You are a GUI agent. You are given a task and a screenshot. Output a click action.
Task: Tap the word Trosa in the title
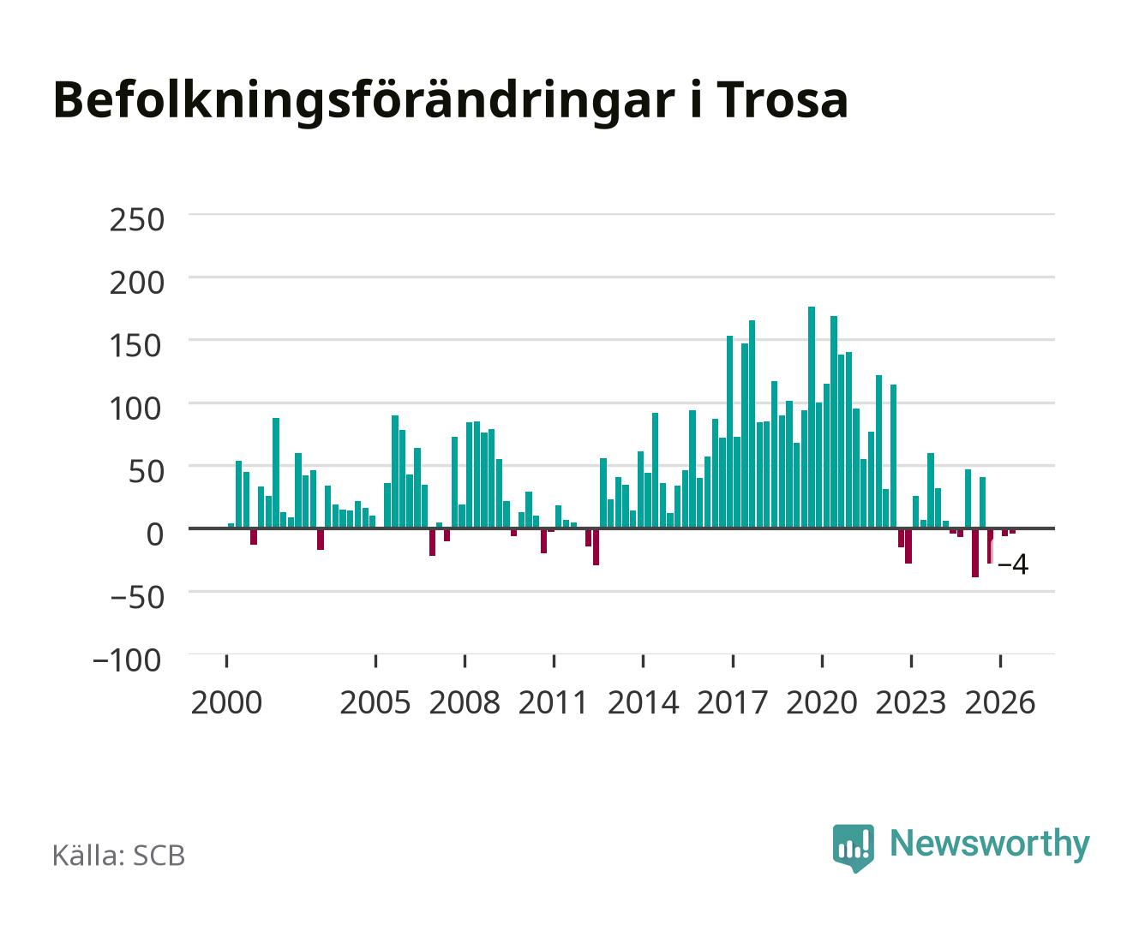(782, 100)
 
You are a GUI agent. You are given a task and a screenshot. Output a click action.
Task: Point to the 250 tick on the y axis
(136, 220)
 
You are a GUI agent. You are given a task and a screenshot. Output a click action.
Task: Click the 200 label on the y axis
(136, 283)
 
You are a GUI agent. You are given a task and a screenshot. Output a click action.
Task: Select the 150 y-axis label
(136, 345)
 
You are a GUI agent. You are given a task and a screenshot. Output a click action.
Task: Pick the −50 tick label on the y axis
(136, 597)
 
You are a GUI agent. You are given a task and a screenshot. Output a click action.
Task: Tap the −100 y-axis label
(127, 660)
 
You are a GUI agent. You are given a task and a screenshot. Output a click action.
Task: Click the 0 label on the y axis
(155, 534)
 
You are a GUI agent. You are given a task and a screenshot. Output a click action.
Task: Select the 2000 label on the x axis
(226, 702)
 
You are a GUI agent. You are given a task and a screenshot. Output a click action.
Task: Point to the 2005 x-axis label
(375, 702)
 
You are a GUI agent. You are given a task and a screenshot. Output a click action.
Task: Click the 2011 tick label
(554, 702)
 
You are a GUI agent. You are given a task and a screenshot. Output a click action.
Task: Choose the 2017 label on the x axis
(733, 702)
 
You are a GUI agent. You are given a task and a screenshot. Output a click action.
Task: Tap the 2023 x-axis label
(911, 702)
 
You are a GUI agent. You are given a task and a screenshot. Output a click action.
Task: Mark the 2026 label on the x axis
(1000, 702)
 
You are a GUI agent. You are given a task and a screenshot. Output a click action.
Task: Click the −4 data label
(1013, 564)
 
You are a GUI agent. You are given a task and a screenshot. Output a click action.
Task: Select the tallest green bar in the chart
(812, 417)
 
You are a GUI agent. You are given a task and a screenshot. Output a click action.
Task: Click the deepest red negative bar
(975, 552)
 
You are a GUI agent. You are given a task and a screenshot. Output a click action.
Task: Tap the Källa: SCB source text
(119, 856)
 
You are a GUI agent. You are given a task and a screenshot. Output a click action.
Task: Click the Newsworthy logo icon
(853, 847)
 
